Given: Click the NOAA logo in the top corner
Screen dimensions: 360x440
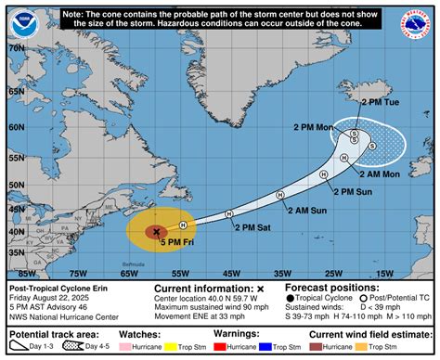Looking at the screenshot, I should [x=19, y=20].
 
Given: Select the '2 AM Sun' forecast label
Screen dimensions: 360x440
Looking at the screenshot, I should [x=305, y=210].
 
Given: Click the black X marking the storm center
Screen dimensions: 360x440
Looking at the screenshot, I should [x=157, y=232].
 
